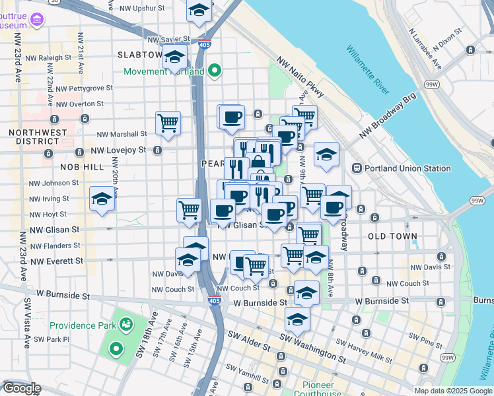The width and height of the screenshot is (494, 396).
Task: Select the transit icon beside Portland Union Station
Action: (357, 168)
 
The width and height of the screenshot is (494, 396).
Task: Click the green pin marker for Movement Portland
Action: (215, 71)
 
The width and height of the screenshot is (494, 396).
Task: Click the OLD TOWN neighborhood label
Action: (392, 236)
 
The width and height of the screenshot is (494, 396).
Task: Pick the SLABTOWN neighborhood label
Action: (139, 55)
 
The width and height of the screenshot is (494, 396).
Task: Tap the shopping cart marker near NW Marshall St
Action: (168, 123)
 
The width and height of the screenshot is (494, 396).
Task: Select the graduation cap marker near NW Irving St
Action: (102, 198)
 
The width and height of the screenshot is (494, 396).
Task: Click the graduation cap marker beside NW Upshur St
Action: (198, 10)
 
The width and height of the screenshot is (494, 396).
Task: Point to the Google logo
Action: (21, 388)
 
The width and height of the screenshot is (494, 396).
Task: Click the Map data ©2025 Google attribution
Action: (452, 391)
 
